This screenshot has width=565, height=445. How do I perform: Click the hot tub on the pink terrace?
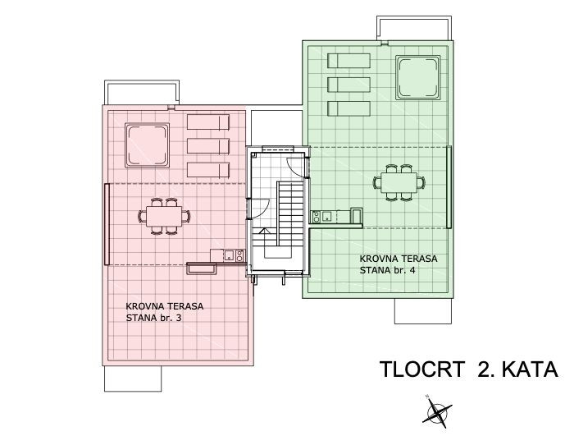tap(147, 145)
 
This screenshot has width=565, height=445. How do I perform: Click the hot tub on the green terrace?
tap(417, 77)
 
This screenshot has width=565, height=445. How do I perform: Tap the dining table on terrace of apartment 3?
tap(164, 216)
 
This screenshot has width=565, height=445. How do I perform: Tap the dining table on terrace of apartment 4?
tap(399, 182)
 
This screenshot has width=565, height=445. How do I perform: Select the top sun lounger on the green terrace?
tap(349, 60)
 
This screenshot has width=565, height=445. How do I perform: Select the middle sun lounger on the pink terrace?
tap(208, 146)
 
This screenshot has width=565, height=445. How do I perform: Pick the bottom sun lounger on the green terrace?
tap(349, 108)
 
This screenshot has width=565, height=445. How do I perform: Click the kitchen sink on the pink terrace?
tap(229, 255)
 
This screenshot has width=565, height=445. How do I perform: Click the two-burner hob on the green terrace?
tap(316, 217)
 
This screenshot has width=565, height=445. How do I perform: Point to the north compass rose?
tap(437, 411)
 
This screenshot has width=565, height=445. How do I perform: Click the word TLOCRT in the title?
tap(422, 369)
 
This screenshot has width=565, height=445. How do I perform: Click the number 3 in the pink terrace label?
tap(179, 318)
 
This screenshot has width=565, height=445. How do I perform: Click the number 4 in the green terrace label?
tap(412, 270)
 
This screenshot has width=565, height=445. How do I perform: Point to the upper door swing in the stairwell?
tap(296, 167)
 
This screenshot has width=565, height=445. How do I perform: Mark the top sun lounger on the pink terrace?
tap(208, 122)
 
